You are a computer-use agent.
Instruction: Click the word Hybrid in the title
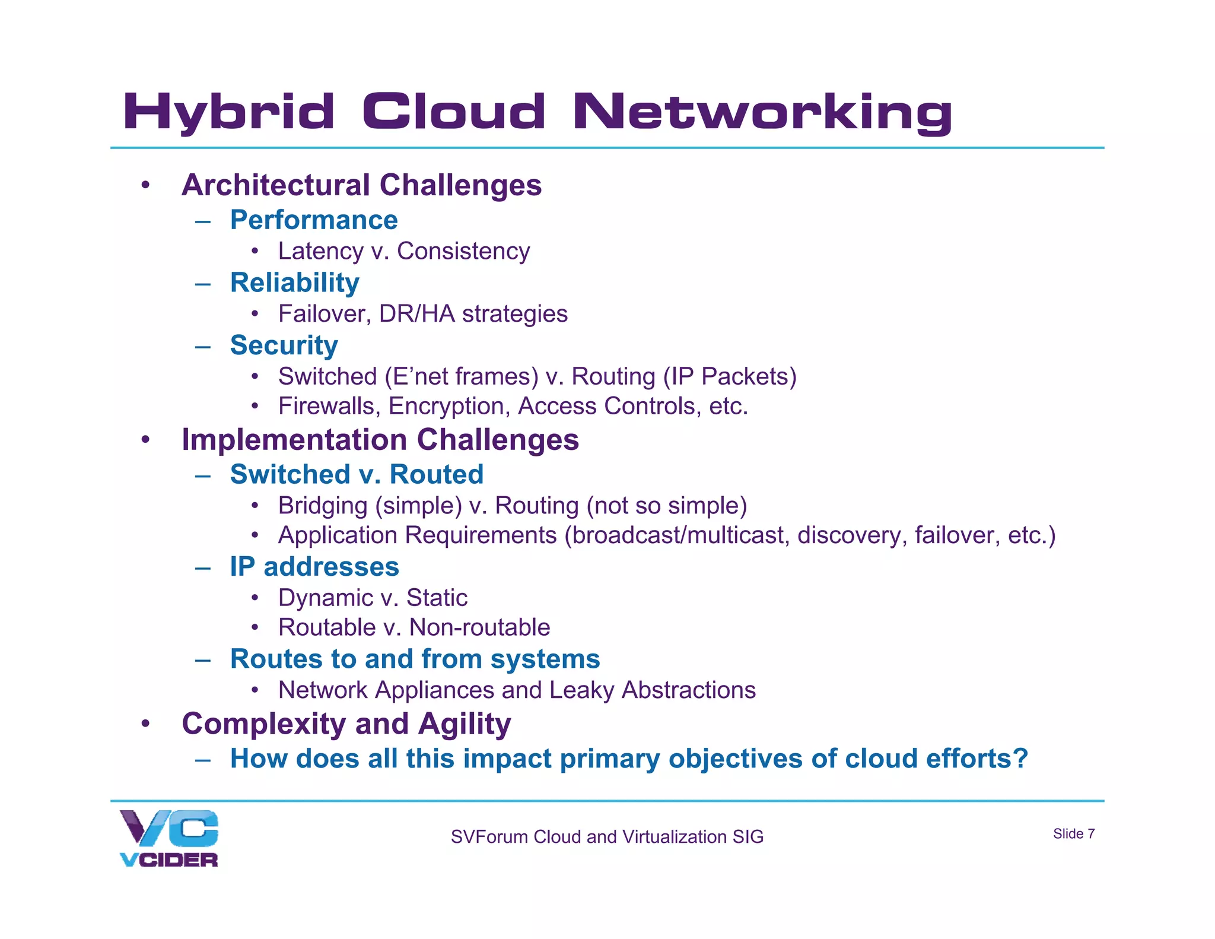pyautogui.click(x=228, y=112)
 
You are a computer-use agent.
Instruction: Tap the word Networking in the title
pyautogui.click(x=762, y=112)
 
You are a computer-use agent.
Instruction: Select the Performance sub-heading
pyautogui.click(x=314, y=220)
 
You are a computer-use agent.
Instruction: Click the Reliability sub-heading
pyautogui.click(x=294, y=283)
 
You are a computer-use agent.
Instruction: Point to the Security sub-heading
pyautogui.click(x=284, y=345)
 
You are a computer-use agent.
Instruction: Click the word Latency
pyautogui.click(x=320, y=252)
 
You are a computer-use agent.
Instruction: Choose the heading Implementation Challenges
pyautogui.click(x=380, y=440)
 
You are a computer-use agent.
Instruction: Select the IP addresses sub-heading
pyautogui.click(x=314, y=567)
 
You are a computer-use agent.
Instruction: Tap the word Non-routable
pyautogui.click(x=479, y=627)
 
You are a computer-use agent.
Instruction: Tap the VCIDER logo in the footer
pyautogui.click(x=168, y=838)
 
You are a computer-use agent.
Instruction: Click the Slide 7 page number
pyautogui.click(x=1073, y=834)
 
